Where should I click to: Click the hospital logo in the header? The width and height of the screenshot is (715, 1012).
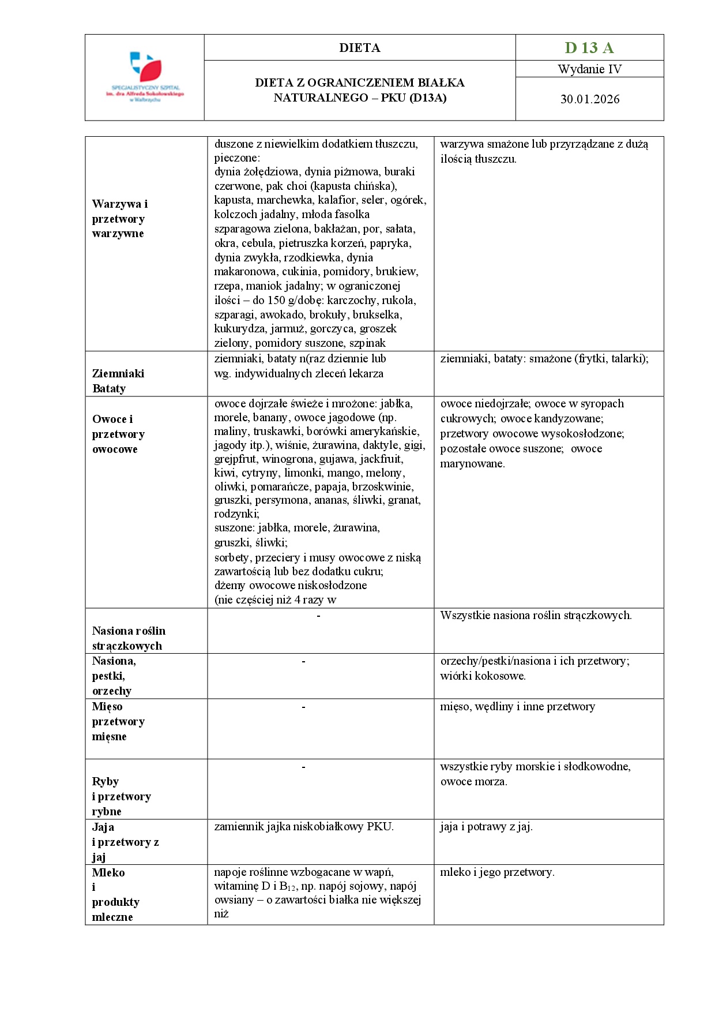[x=145, y=77]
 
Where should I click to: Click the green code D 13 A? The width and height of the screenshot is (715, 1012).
[x=589, y=48]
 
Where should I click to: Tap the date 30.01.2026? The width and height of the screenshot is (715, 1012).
[x=590, y=99]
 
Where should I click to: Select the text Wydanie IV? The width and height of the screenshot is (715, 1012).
[x=589, y=69]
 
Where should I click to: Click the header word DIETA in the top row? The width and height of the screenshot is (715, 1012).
[x=360, y=48]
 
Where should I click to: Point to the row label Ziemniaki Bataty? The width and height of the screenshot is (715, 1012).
[x=118, y=381]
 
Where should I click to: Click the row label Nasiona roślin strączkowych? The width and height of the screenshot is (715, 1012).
[x=128, y=638]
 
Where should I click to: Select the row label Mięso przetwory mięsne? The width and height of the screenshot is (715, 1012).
[x=118, y=721]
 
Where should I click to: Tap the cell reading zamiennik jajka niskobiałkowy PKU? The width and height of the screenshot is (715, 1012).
[x=304, y=827]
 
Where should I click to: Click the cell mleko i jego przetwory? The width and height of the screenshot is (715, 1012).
[x=497, y=872]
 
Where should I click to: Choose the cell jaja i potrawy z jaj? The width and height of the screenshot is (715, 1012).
[x=486, y=827]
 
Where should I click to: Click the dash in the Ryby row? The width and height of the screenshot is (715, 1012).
[x=303, y=767]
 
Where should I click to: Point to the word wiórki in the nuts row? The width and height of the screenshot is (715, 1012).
[x=456, y=676]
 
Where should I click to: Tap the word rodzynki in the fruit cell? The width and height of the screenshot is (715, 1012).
[x=236, y=514]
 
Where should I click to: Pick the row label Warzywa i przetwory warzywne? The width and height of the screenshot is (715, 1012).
[x=119, y=219]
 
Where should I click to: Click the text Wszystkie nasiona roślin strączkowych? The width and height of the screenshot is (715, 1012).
[x=536, y=616]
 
